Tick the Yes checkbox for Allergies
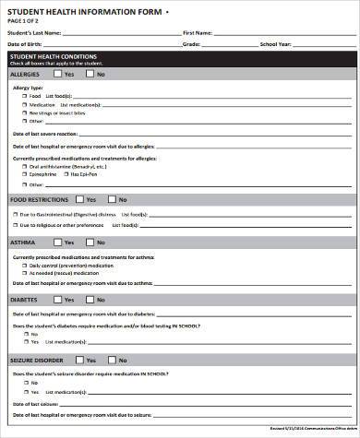pyautogui.click(x=58, y=74)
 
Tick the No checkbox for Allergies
pyautogui.click(x=90, y=74)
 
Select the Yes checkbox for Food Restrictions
pyautogui.click(x=79, y=198)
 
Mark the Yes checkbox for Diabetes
pyautogui.click(x=58, y=299)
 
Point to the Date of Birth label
pyautogui.click(x=26, y=44)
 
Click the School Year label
pyautogui.click(x=276, y=44)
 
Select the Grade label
pyautogui.click(x=191, y=44)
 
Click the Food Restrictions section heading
pyautogui.click(x=37, y=198)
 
